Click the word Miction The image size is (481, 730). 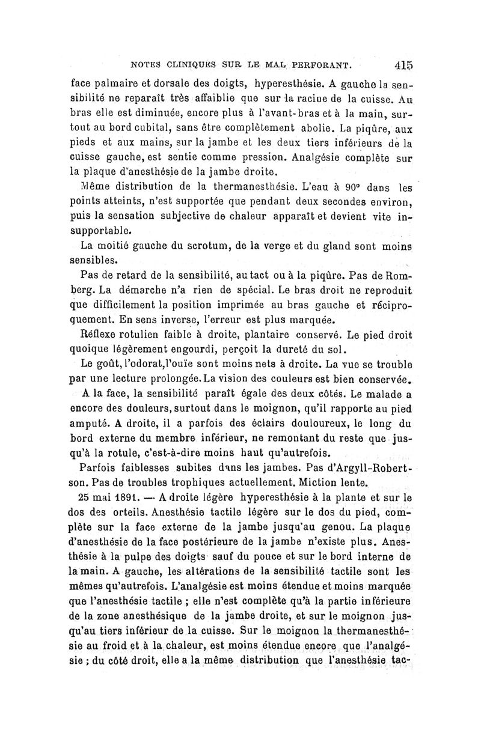[x=322, y=481]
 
